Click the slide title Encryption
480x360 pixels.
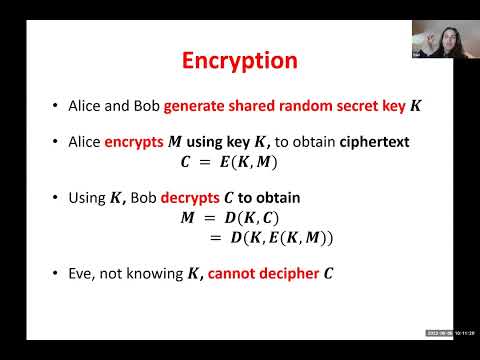click(239, 60)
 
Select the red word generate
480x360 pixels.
click(194, 105)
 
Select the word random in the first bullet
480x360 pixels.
click(296, 105)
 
